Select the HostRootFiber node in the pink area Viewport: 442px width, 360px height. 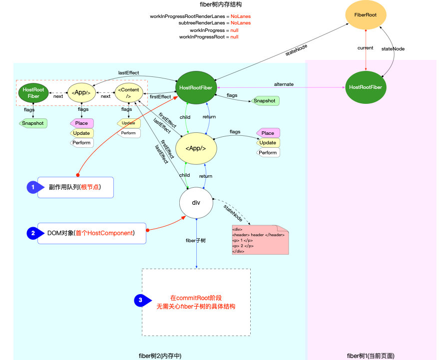click(x=366, y=87)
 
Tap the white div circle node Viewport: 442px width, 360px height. click(x=196, y=203)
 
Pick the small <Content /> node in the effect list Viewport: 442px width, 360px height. click(x=128, y=93)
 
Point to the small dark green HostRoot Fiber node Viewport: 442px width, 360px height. click(x=33, y=93)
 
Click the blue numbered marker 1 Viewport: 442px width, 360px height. click(x=33, y=187)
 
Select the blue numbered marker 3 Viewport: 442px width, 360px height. click(x=141, y=300)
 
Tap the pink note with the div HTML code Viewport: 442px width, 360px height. click(x=260, y=240)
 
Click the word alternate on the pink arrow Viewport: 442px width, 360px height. click(x=284, y=84)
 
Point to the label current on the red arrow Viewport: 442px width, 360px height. click(x=366, y=48)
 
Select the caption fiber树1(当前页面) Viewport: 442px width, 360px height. click(x=371, y=356)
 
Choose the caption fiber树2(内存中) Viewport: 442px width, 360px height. click(x=160, y=356)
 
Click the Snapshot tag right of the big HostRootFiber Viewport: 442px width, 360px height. click(x=265, y=101)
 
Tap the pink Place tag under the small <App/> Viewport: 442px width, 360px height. click(x=81, y=123)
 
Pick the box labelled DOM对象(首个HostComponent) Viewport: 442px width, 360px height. click(x=91, y=233)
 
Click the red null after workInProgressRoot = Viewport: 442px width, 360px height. click(x=234, y=37)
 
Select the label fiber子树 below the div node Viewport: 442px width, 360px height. click(x=196, y=241)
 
